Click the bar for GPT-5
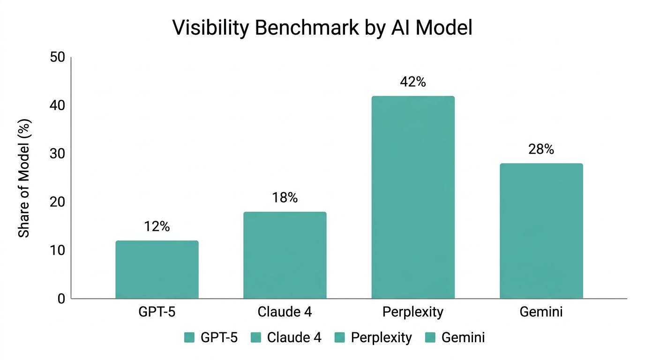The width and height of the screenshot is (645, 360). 157,270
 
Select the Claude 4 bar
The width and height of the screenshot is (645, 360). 285,255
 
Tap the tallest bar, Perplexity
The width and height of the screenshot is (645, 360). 413,197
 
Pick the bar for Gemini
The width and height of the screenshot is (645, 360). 541,231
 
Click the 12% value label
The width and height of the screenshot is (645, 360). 157,227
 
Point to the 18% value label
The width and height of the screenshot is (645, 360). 285,198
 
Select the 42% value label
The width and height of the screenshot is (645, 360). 413,82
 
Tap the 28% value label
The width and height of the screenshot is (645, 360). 541,150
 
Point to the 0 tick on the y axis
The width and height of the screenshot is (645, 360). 60,299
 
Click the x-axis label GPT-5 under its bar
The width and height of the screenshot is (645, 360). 157,312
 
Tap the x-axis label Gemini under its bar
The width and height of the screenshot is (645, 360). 541,312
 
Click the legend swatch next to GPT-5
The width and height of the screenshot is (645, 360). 189,337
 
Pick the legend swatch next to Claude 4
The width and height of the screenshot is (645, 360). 256,337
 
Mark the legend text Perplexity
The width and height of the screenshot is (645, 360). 381,338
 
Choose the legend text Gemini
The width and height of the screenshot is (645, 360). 463,337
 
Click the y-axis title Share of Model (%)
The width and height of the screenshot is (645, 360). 24,178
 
